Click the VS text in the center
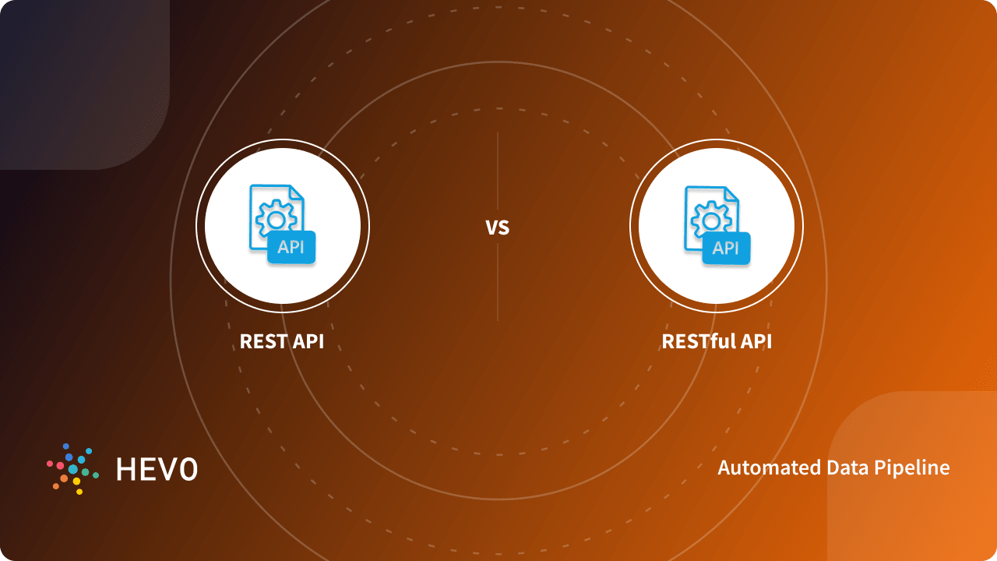pyautogui.click(x=497, y=228)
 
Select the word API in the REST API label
pyautogui.click(x=307, y=342)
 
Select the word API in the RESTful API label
pyautogui.click(x=755, y=342)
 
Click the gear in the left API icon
pyautogui.click(x=275, y=219)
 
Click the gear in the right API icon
pyautogui.click(x=710, y=219)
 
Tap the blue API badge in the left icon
pyautogui.click(x=291, y=249)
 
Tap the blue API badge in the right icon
pyautogui.click(x=726, y=249)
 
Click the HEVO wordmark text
pyautogui.click(x=157, y=469)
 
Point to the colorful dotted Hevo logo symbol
pyautogui.click(x=72, y=469)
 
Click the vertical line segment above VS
pyautogui.click(x=498, y=171)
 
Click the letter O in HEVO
pyautogui.click(x=188, y=469)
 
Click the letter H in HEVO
pyautogui.click(x=125, y=469)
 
